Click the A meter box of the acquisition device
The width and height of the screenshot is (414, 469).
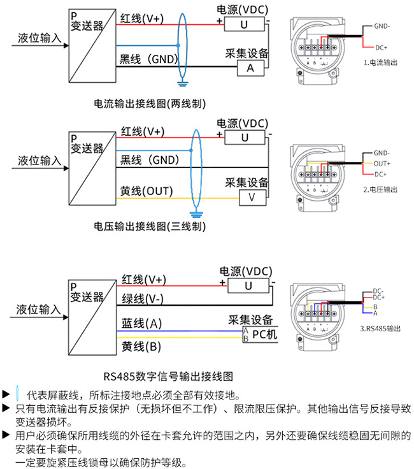click(250, 67)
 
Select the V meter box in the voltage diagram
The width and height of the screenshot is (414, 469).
click(252, 198)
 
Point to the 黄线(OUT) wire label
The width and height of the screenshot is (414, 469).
click(146, 191)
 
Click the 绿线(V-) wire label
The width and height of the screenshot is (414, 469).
click(144, 299)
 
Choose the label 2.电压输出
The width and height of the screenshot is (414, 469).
click(380, 189)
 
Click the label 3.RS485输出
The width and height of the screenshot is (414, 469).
click(380, 329)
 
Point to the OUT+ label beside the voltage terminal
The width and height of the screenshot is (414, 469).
click(382, 163)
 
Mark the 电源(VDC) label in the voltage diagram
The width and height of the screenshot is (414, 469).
click(243, 123)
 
